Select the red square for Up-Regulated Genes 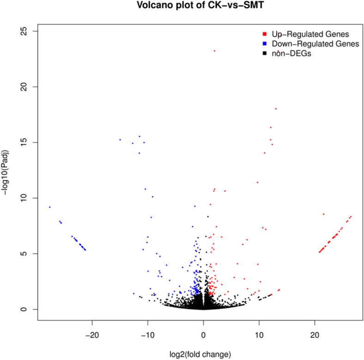coord(264,34)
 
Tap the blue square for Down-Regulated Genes coord(264,44)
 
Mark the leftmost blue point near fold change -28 coord(50,207)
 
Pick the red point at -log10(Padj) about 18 coord(276,109)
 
